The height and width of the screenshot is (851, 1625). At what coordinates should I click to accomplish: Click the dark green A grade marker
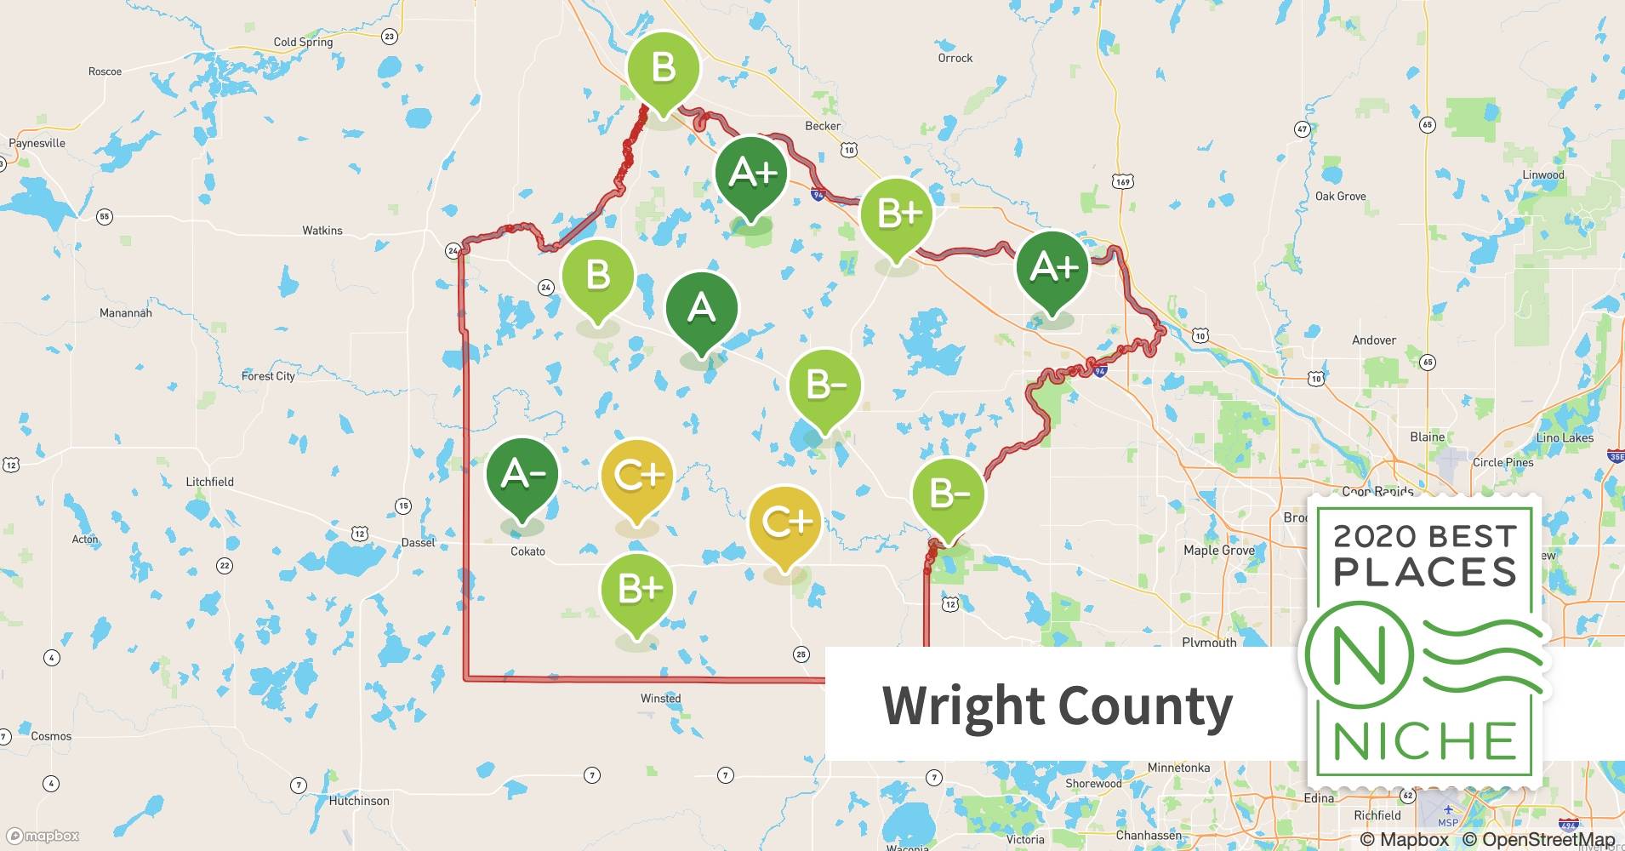[701, 308]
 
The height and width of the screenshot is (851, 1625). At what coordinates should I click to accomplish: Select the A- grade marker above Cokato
[522, 474]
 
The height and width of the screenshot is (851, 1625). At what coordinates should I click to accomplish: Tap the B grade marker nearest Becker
[664, 68]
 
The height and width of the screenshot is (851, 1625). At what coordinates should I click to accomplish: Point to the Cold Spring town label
[303, 42]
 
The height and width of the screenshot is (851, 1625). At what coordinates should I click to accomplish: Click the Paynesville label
[37, 143]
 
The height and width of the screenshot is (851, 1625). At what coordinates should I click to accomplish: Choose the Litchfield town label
[209, 482]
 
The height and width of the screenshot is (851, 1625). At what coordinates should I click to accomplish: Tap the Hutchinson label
[359, 801]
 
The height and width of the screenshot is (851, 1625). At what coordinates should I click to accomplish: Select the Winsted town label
[660, 699]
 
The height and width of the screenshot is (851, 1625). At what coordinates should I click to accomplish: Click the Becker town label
[823, 126]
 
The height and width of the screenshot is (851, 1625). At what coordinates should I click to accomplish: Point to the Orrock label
[955, 58]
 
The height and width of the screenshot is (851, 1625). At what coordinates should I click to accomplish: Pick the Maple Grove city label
[1219, 551]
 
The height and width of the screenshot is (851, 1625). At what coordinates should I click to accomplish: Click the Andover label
[1374, 340]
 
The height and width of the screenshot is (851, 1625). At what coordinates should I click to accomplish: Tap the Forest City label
[268, 376]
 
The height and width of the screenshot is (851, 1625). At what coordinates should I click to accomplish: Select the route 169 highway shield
[1122, 181]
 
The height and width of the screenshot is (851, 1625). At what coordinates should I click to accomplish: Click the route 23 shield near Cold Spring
[389, 36]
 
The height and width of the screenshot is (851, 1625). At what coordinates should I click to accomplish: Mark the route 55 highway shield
[104, 216]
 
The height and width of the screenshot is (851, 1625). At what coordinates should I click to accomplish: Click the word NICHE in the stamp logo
[1425, 741]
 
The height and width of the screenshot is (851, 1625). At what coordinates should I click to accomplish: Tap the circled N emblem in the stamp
[1359, 655]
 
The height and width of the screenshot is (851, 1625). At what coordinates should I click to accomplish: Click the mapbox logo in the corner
[43, 836]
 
